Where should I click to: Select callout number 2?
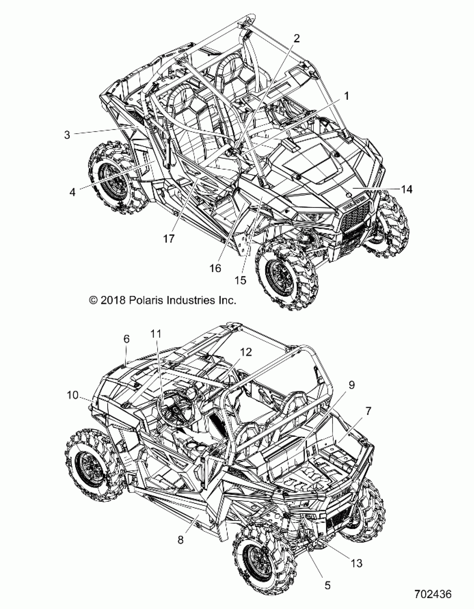point(297,38)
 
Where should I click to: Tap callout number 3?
point(67,135)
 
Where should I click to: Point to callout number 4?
point(72,192)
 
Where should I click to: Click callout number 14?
point(406,189)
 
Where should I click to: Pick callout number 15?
point(241,280)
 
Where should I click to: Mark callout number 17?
point(169,238)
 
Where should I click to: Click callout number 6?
point(126,339)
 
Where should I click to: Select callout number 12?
point(245,352)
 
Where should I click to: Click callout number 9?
point(351,385)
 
